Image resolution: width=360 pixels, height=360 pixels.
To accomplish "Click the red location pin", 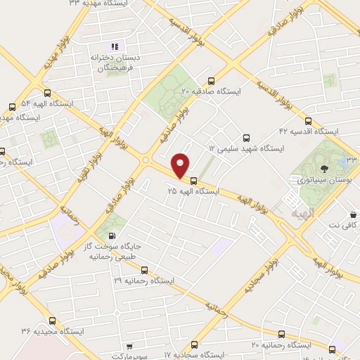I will [181, 165].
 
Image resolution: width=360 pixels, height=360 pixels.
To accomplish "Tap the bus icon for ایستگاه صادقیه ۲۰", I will [212, 80].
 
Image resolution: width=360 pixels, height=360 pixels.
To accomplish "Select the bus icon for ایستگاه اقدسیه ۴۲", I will [309, 120].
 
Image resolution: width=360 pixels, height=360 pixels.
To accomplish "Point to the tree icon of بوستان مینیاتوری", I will [324, 168].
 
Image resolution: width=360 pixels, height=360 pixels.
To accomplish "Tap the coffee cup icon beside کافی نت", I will [352, 212].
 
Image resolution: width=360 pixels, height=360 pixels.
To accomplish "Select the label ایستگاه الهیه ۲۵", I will [193, 191].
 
